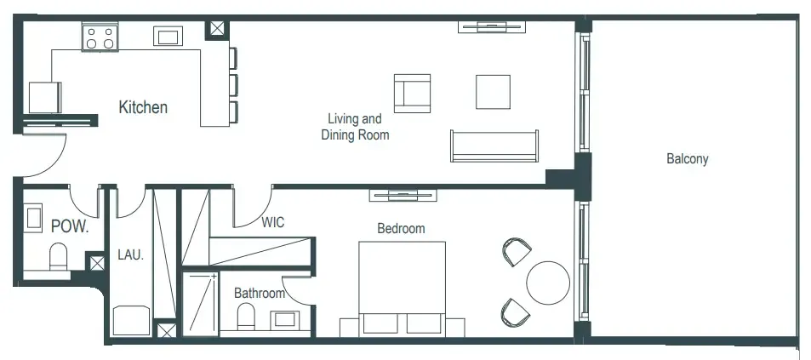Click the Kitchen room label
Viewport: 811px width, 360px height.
142,108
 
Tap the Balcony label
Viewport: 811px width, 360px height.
687,159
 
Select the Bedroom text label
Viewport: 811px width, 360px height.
401,229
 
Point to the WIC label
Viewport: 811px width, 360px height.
272,223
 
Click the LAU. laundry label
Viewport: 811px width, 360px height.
130,254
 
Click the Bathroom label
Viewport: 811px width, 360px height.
260,294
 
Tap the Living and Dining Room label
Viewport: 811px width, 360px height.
355,127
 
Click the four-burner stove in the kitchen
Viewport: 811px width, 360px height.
99,37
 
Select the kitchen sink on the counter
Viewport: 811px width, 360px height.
167,36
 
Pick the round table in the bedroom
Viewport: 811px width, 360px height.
548,283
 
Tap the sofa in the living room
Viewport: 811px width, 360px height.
494,146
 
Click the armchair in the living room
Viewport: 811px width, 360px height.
412,92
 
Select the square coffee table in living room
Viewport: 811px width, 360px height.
493,92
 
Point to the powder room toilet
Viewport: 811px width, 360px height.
58,256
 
